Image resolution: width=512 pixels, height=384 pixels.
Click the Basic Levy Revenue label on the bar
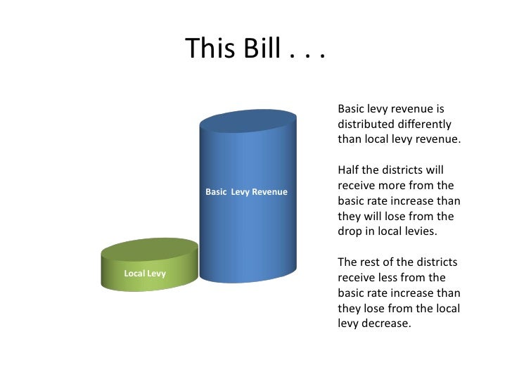[246, 191]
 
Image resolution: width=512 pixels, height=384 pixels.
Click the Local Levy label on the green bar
[145, 273]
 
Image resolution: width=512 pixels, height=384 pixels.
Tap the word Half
[349, 170]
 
